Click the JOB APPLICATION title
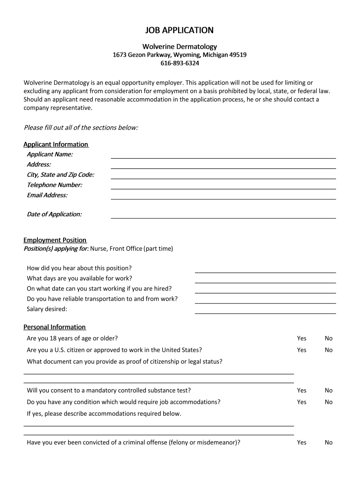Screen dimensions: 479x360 coord(180,30)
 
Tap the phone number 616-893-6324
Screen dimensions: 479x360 coord(180,63)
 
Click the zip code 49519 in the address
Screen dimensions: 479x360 coord(238,55)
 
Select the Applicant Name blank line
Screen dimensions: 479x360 coord(223,156)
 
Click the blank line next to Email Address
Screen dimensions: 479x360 coord(223,197)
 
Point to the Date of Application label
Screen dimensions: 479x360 coord(54,214)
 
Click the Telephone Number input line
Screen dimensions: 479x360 coord(223,187)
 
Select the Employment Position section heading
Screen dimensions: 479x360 coord(55,240)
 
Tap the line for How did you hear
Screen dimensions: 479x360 coord(265,270)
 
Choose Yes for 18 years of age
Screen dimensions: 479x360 coord(302,338)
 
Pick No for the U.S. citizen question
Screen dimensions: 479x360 coord(329,350)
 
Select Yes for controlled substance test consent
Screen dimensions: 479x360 coord(302,390)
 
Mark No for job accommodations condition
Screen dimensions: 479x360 coord(329,402)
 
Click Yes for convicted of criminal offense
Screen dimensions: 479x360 coord(302,442)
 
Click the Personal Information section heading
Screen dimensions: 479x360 coord(55,327)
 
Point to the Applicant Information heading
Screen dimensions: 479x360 coord(56,144)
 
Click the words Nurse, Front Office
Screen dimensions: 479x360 coord(116,249)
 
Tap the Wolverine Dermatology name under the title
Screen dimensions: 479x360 coord(180,46)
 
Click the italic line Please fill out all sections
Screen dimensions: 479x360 coord(81,128)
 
